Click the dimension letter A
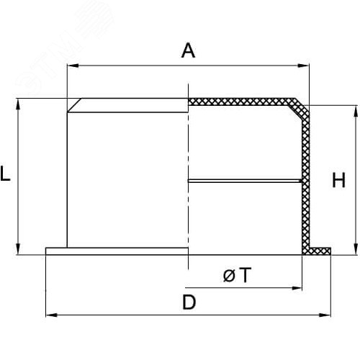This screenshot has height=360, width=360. [x=188, y=50]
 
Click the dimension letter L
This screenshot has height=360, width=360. [x=5, y=173]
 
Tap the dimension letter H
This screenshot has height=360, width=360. [x=338, y=180]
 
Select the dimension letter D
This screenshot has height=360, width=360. [x=189, y=302]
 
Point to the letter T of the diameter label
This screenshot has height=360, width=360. [x=245, y=275]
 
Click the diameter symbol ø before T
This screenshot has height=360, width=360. [x=229, y=276]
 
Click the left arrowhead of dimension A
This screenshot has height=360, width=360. [x=73, y=66]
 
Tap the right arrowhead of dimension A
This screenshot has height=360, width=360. [x=303, y=66]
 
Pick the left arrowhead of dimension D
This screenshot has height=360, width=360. [x=51, y=315]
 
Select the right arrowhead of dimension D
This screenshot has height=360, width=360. [x=325, y=315]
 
